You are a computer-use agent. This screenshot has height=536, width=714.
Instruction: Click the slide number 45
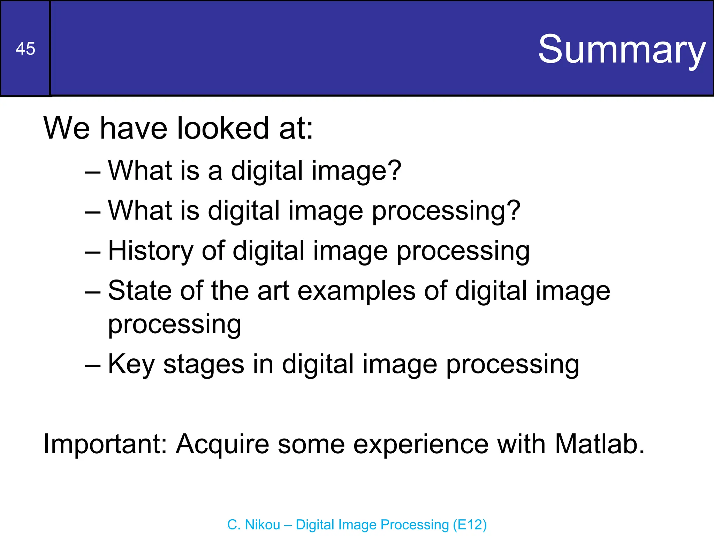(x=25, y=49)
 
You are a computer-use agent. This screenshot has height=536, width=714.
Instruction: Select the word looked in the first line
(x=223, y=128)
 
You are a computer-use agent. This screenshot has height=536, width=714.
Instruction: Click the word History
(x=150, y=251)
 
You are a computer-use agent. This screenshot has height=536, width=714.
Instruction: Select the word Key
(x=131, y=365)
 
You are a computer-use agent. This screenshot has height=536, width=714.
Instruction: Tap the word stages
(x=204, y=365)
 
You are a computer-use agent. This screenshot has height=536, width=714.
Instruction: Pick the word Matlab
(x=599, y=444)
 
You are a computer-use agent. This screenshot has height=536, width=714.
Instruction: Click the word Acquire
(x=222, y=445)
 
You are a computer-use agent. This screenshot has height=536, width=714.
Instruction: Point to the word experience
(x=421, y=445)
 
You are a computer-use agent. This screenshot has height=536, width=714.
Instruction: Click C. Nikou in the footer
(x=253, y=525)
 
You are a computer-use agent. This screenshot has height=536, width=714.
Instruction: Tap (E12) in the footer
(x=470, y=525)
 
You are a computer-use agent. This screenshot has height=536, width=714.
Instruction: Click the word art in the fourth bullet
(x=273, y=291)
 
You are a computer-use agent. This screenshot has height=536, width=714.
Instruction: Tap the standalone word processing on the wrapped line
(x=174, y=325)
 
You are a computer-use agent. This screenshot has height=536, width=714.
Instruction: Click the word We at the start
(x=67, y=128)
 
